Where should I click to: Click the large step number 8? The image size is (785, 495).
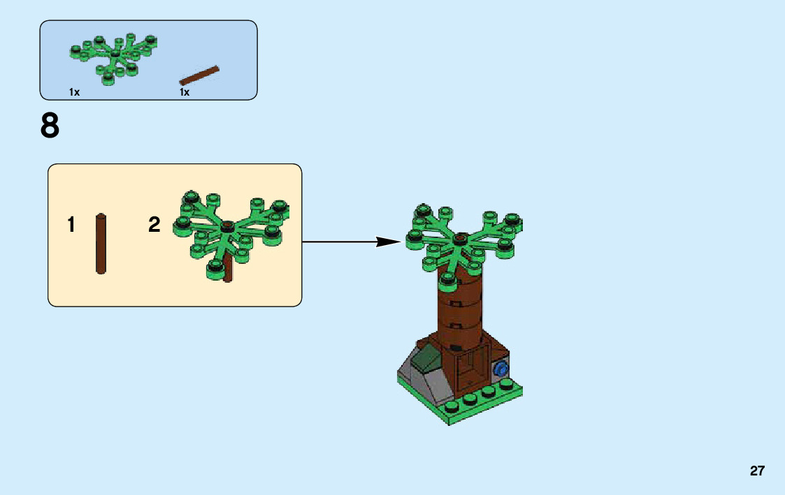point(50,127)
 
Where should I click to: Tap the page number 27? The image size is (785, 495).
point(757,471)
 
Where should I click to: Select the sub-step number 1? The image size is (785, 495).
point(71,225)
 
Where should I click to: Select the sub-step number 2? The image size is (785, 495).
point(154,225)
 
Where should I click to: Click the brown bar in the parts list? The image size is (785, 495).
point(199,75)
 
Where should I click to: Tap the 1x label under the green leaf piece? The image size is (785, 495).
point(74,92)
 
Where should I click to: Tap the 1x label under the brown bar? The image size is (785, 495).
point(185,92)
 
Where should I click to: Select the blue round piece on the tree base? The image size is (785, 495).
point(500,369)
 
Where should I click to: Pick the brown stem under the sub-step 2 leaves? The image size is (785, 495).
point(228,271)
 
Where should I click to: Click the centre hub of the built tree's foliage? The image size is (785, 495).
point(460,239)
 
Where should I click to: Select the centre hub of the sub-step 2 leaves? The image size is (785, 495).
point(226,225)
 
